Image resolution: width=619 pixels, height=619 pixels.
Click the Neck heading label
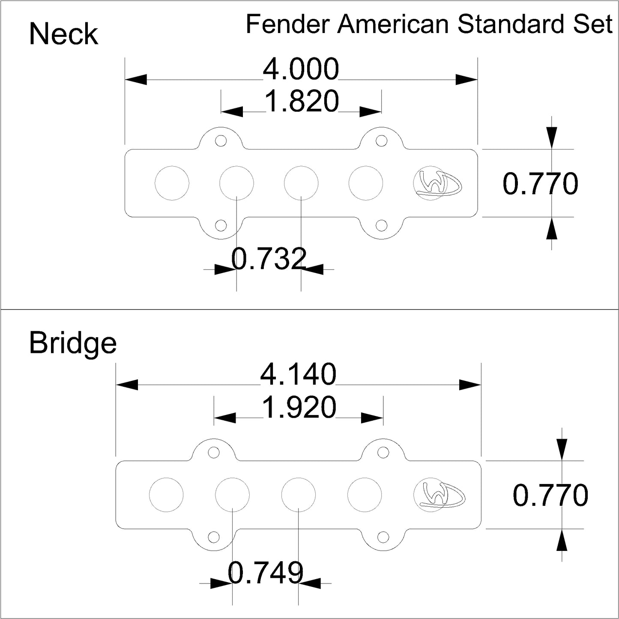point(63,34)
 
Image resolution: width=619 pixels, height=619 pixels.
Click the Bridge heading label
point(73,344)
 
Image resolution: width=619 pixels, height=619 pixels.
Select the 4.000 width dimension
point(301,69)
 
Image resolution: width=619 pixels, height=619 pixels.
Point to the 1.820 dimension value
point(302,102)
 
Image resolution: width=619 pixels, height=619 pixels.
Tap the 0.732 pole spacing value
point(269,259)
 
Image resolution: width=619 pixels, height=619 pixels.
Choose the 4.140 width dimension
point(298,374)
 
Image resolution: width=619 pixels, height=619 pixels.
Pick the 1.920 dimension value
point(299,407)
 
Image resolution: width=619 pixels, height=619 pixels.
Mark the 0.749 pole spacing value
point(266,572)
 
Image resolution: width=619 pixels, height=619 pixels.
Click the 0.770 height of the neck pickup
point(540,184)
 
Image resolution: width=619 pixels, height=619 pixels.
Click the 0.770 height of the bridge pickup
point(550,496)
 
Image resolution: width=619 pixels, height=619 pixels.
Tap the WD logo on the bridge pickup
point(439,495)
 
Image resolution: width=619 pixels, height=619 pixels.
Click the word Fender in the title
point(287,25)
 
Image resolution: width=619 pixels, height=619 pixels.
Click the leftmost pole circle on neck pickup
point(172,183)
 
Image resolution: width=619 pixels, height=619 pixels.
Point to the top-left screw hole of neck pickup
point(221,141)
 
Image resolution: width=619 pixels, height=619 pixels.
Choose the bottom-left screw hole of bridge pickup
point(213,535)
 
